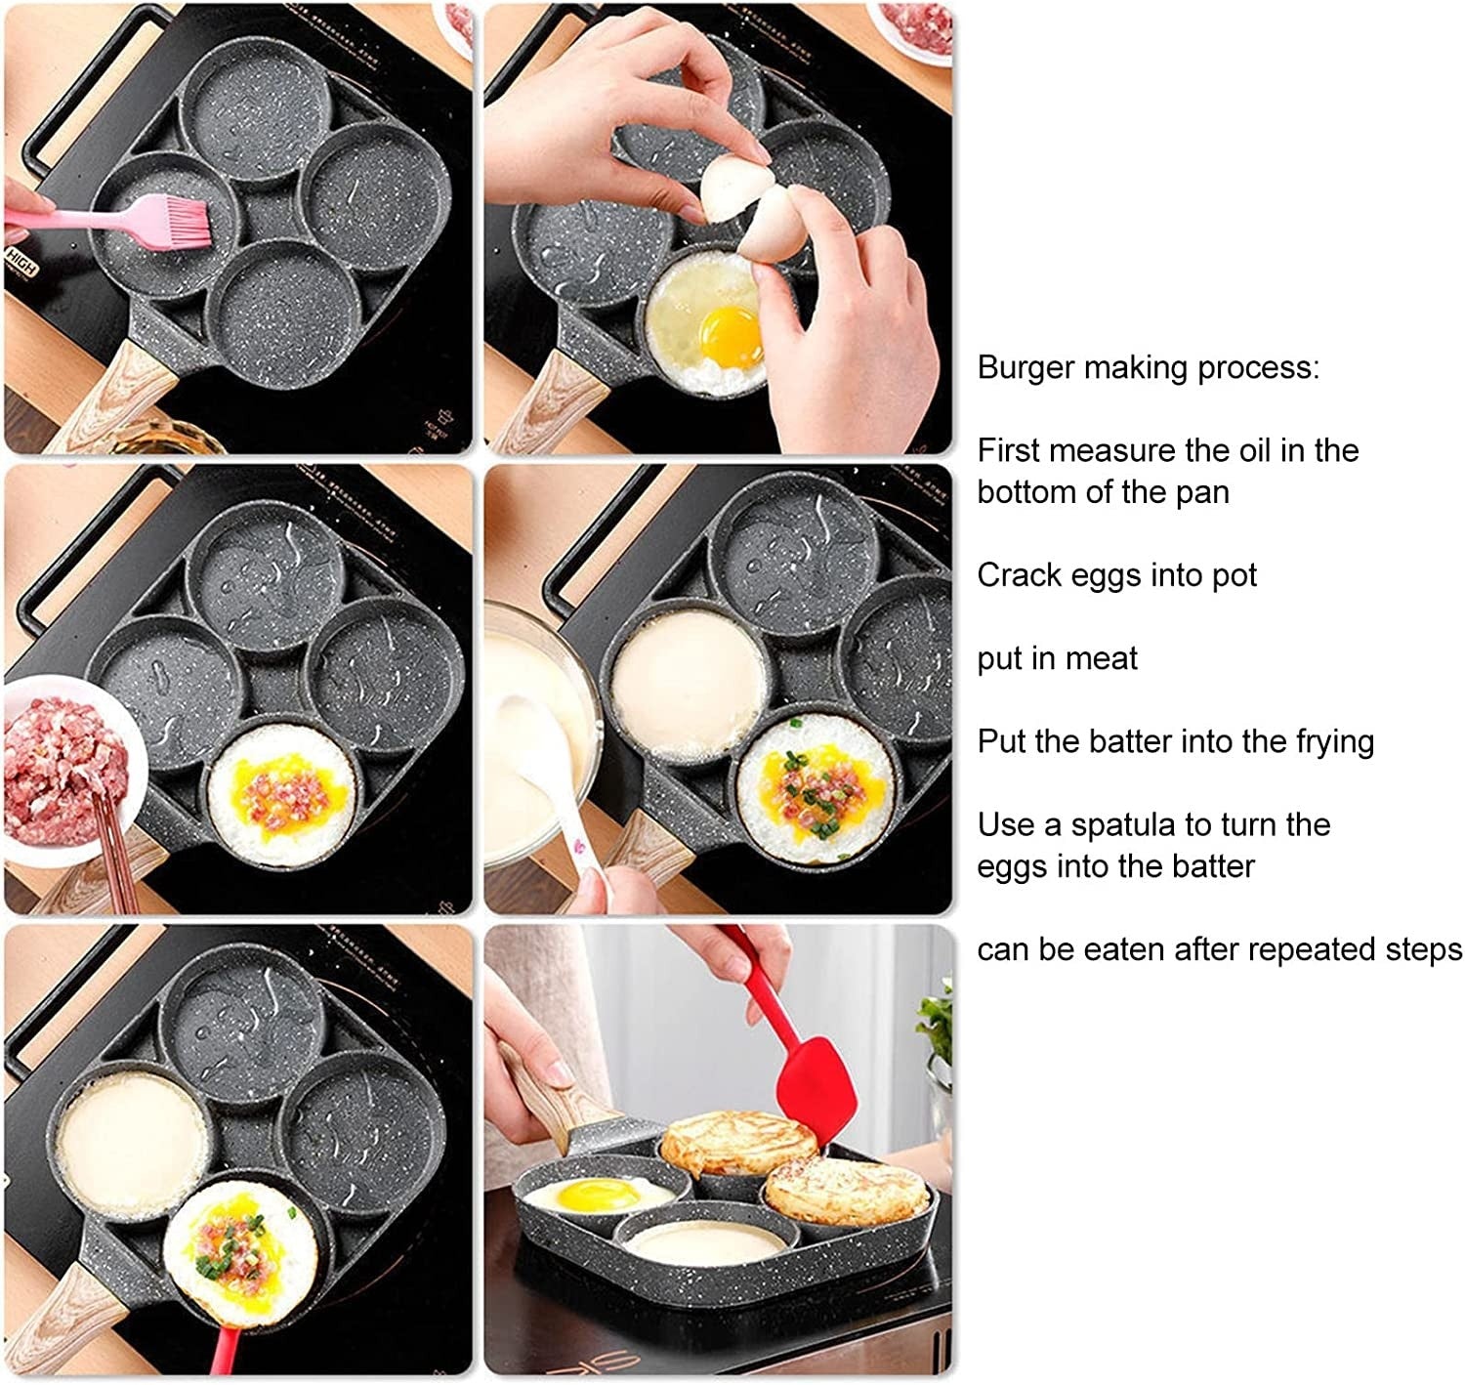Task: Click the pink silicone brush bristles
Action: [x=188, y=222]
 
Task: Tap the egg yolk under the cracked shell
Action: [x=731, y=336]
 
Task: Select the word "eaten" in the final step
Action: [x=1122, y=949]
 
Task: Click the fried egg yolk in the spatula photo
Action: [x=597, y=1195]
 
